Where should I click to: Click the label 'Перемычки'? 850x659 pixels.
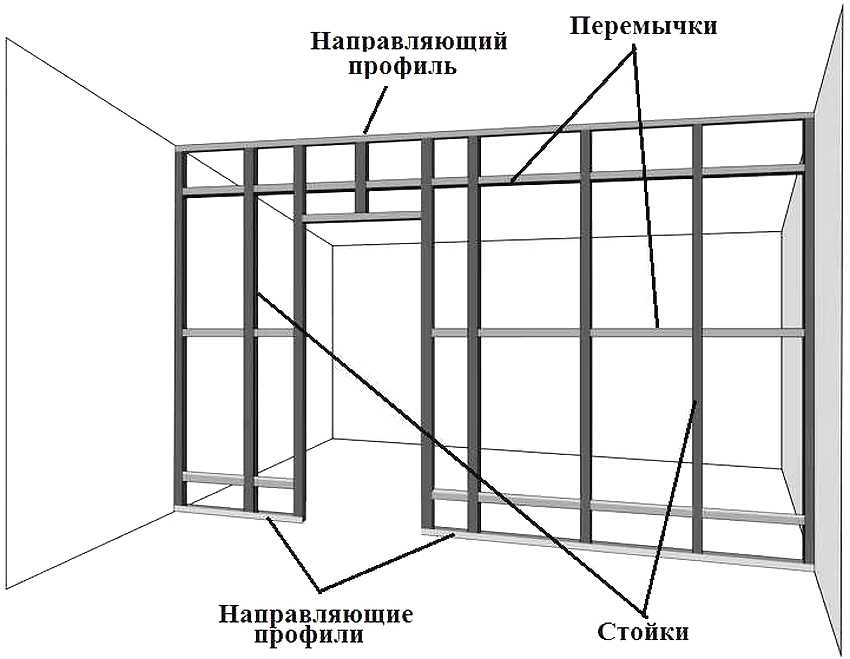click(643, 26)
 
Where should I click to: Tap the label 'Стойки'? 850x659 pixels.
click(643, 633)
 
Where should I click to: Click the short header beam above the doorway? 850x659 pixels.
click(362, 215)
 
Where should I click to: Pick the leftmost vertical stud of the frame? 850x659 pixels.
click(181, 330)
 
